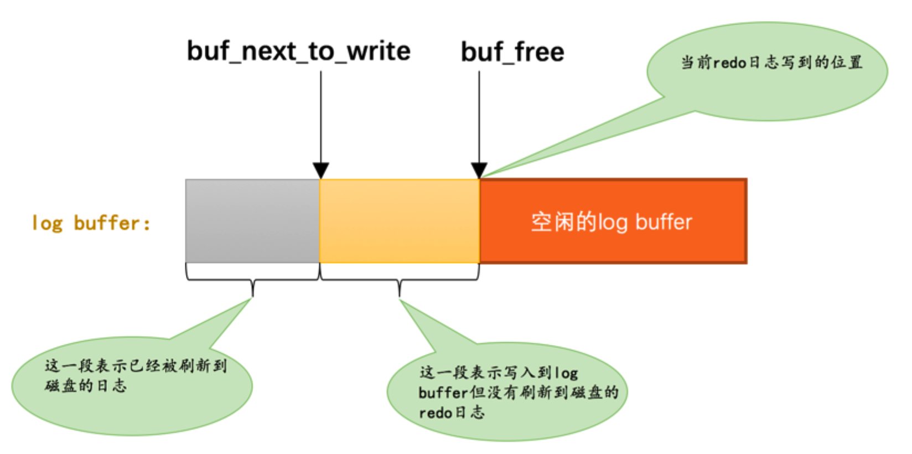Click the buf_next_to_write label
click(x=298, y=51)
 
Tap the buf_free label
click(x=512, y=52)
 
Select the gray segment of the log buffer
click(x=252, y=221)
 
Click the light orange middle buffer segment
click(x=399, y=221)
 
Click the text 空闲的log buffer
click(x=612, y=222)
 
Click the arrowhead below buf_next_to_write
click(x=321, y=170)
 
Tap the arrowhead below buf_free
click(x=479, y=170)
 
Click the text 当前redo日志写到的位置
click(x=771, y=62)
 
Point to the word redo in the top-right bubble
click(x=729, y=63)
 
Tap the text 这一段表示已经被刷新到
click(x=136, y=365)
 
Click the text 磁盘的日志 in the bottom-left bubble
click(x=86, y=385)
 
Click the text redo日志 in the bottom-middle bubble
click(x=452, y=412)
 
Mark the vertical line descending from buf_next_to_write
click(x=321, y=116)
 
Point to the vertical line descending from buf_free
click(x=479, y=116)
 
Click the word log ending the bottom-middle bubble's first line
click(x=566, y=373)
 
